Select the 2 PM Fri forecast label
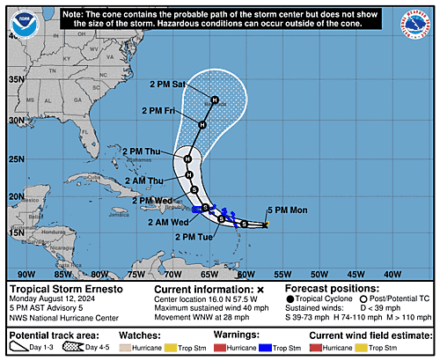[x=158, y=110]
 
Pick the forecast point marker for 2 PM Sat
[x=213, y=100]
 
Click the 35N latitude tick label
[x=15, y=79]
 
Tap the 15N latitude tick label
[x=15, y=232]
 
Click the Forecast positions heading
[x=327, y=289]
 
